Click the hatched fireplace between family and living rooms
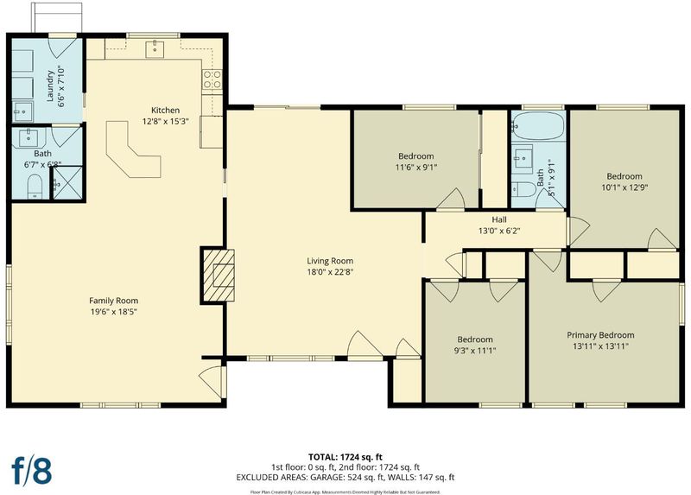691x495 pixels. coord(218,276)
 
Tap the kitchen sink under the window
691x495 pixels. coord(155,48)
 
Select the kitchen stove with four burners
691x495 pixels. coord(212,79)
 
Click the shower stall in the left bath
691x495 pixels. coord(68,183)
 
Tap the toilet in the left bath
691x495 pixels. coord(35,186)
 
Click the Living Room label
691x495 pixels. coord(330,261)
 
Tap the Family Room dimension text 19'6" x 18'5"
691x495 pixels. coord(114,312)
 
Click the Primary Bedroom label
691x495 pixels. coord(600,335)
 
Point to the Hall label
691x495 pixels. coord(499,219)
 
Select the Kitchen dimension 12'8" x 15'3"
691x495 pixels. coord(165,121)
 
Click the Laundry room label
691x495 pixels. coord(50,86)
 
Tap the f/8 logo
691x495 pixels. coord(32,471)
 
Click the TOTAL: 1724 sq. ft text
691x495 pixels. coord(345,457)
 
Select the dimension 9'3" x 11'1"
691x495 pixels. coord(474,351)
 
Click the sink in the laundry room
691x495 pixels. coord(22,112)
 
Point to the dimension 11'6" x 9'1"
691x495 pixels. coord(416,167)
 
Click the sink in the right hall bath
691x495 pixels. coord(523,156)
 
